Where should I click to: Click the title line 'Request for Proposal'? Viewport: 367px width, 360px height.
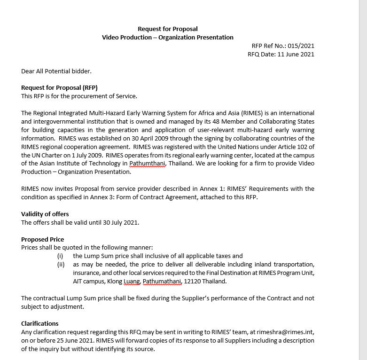click(168, 29)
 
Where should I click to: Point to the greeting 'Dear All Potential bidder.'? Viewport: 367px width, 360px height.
click(56, 71)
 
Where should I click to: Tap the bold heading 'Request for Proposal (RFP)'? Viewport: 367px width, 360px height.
click(59, 88)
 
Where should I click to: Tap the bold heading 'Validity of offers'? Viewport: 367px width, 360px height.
click(45, 214)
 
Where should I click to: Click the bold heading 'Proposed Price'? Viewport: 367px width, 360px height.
click(43, 240)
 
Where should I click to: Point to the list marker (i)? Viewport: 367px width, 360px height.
click(60, 256)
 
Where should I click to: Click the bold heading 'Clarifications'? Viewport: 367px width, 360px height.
click(40, 324)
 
